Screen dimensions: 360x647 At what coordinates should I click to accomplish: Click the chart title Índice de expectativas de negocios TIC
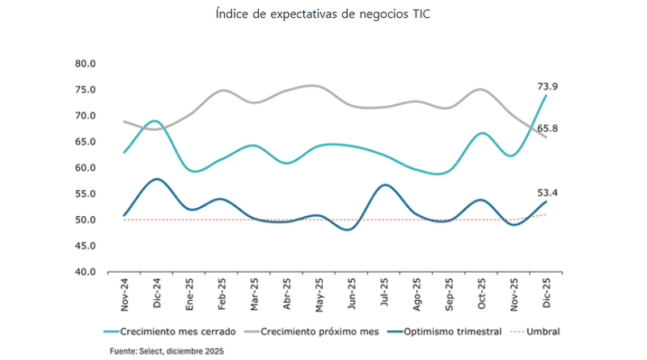click(323, 15)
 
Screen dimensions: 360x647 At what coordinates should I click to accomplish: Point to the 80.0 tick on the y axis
click(84, 63)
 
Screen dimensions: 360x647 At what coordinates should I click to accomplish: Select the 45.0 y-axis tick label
click(84, 246)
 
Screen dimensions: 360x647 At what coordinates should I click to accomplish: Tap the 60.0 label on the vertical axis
click(84, 167)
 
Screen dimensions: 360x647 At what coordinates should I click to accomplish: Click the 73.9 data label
click(548, 85)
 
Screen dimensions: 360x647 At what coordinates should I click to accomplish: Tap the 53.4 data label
click(548, 192)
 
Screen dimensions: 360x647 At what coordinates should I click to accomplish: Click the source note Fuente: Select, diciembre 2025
click(167, 351)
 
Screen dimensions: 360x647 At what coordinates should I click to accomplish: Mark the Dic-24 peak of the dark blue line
click(156, 179)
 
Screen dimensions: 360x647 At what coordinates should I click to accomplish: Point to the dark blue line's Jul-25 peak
click(386, 184)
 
